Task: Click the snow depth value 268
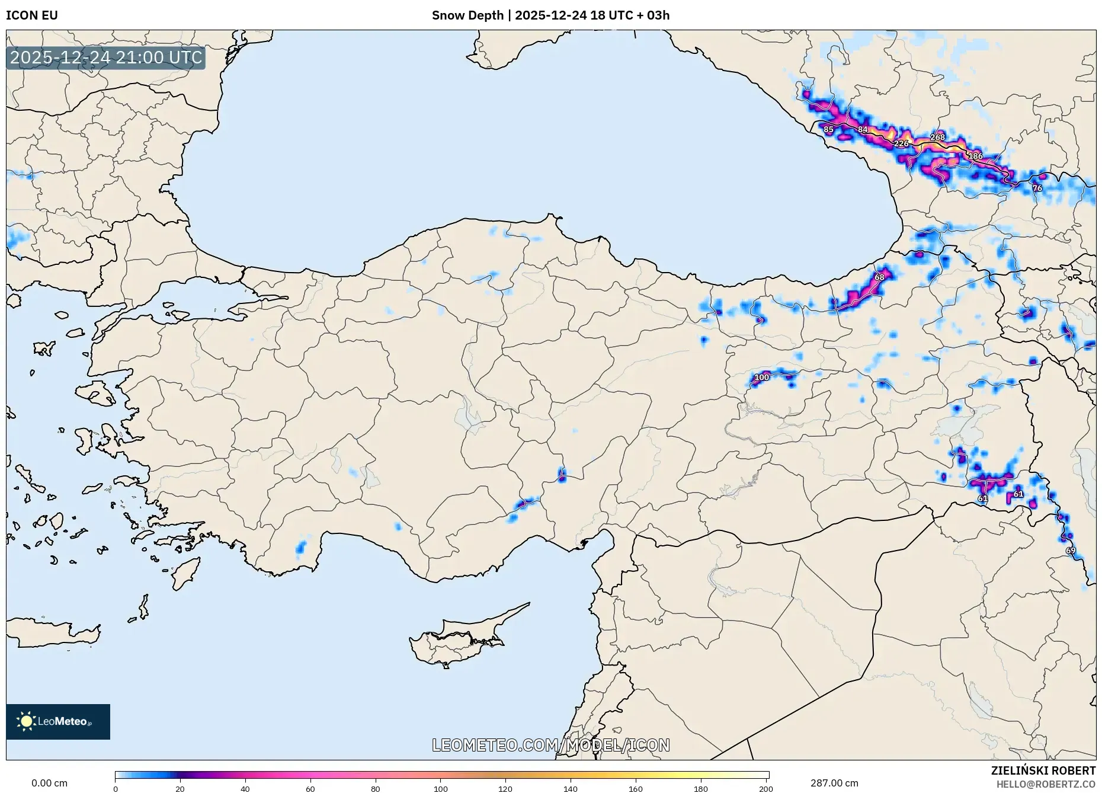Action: tap(937, 137)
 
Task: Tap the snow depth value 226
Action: tap(901, 143)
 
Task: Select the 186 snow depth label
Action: tap(975, 156)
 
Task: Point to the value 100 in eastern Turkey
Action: tap(761, 377)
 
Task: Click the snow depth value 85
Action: tap(828, 129)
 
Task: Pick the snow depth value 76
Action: tap(1037, 188)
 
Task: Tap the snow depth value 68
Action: tap(879, 277)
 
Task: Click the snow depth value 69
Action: tap(1071, 551)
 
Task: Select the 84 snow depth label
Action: tap(863, 129)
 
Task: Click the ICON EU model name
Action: tap(32, 15)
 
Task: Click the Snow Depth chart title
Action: tap(550, 15)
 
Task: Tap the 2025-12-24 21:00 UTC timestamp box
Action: tap(106, 57)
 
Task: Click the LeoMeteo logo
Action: tap(58, 721)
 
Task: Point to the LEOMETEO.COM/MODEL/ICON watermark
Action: tap(551, 745)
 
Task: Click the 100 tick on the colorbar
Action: tap(440, 789)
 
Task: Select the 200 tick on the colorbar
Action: tap(765, 789)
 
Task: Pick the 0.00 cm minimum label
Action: tap(49, 783)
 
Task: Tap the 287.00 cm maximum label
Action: tap(834, 783)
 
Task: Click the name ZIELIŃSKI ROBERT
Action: tap(1043, 770)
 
